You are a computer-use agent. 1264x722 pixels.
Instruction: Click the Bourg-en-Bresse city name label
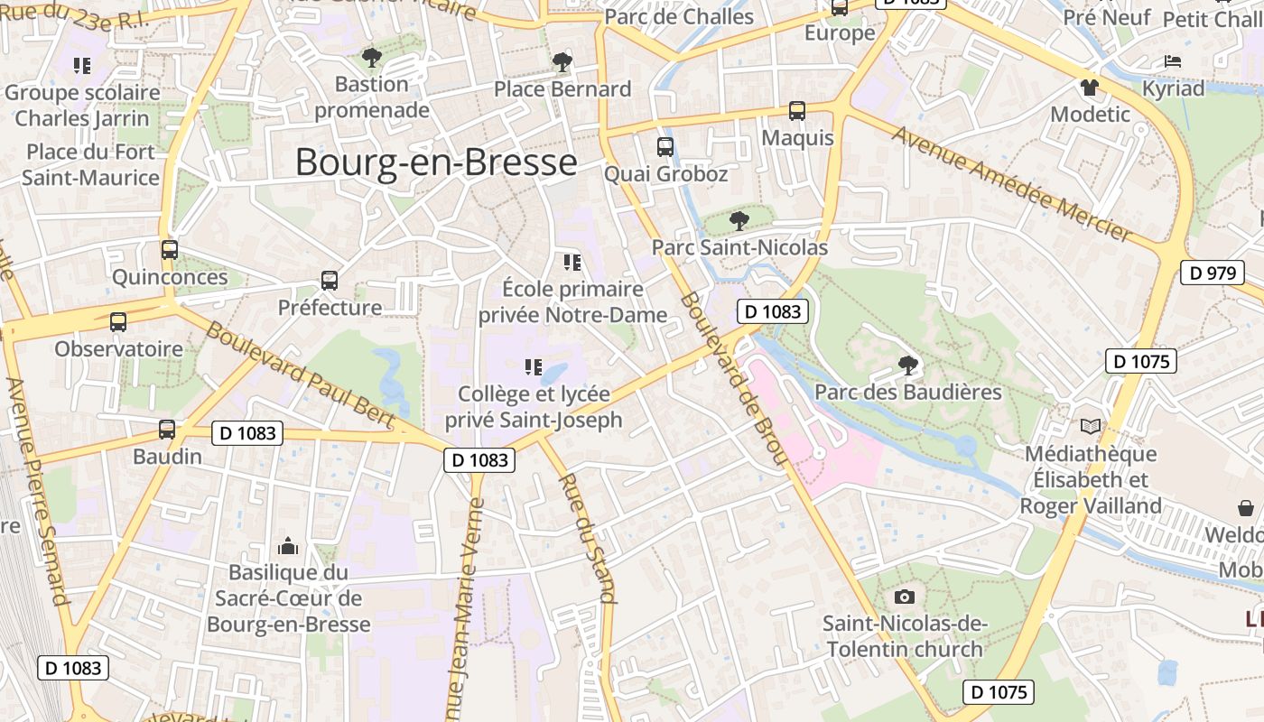[436, 162]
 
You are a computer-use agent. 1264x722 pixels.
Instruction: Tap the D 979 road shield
[1212, 273]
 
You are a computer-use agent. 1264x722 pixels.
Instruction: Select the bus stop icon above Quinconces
[170, 250]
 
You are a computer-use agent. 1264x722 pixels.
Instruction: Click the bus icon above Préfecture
[330, 281]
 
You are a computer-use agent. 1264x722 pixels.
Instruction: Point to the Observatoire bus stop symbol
[118, 322]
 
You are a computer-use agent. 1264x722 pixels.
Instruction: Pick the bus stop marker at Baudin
[167, 430]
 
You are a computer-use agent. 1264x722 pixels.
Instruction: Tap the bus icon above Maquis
[797, 111]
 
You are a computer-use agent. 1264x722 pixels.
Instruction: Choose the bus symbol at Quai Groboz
[665, 147]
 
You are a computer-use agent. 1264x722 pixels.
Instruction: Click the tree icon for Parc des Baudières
[908, 366]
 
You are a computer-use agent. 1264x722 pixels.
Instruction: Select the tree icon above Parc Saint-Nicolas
[739, 220]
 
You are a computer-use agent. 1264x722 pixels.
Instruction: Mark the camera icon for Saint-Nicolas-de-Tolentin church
[905, 597]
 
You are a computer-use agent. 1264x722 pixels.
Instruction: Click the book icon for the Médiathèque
[1091, 426]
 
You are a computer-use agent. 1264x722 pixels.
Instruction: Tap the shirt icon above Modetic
[1090, 88]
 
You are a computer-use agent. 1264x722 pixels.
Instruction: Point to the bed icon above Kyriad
[1173, 62]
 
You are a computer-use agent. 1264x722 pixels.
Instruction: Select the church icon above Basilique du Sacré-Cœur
[288, 546]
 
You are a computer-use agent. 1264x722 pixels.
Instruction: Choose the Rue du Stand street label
[589, 538]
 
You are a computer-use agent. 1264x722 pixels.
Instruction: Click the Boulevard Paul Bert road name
[301, 374]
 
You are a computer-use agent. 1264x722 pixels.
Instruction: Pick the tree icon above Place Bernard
[562, 62]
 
